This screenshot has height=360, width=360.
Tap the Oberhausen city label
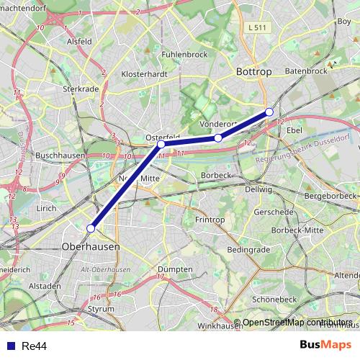click(91, 246)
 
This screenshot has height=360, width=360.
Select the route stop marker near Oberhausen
click(91, 228)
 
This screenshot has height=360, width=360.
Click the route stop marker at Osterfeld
click(161, 144)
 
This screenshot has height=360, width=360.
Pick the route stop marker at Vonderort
click(218, 138)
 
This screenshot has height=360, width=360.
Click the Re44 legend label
click(35, 346)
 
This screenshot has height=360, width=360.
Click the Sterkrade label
click(80, 89)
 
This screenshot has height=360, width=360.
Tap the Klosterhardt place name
click(145, 73)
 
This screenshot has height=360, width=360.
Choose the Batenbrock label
click(306, 71)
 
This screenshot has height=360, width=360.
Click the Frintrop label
click(211, 218)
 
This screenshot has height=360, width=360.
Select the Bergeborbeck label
click(330, 196)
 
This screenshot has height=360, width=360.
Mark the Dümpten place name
click(174, 269)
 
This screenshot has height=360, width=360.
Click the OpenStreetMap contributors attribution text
click(297, 322)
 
